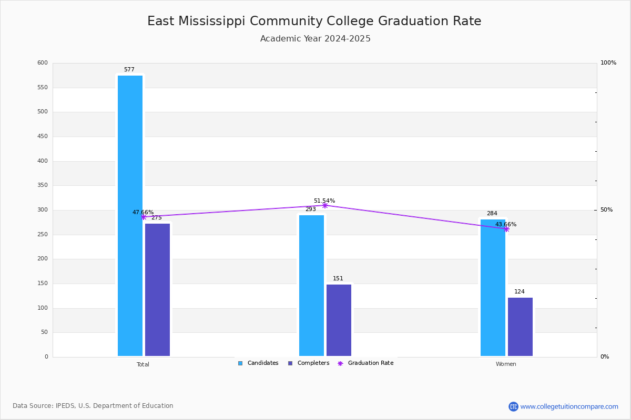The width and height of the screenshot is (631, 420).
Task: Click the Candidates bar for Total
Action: [x=130, y=215]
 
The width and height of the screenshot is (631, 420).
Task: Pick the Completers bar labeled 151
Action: [x=339, y=320]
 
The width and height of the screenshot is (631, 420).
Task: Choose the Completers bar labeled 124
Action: [x=520, y=327]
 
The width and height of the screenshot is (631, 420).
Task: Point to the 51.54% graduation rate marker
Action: [x=324, y=205]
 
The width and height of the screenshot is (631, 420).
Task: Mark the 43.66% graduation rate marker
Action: [x=506, y=229]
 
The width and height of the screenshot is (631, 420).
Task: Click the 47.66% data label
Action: [x=143, y=212]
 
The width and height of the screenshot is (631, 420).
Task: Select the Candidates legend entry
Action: [x=258, y=363]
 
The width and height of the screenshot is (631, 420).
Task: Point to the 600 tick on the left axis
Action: [x=43, y=63]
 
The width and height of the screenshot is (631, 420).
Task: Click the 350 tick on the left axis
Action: [x=43, y=185]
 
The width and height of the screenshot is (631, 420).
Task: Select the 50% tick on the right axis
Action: [x=606, y=210]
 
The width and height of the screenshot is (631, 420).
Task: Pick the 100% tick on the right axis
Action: [x=608, y=63]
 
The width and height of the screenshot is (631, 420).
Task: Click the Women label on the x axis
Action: [x=506, y=364]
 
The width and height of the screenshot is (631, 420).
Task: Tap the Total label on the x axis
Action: [x=143, y=364]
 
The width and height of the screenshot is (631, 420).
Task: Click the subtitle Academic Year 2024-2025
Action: [x=315, y=39]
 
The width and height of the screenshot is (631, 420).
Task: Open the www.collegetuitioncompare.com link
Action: [x=569, y=406]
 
